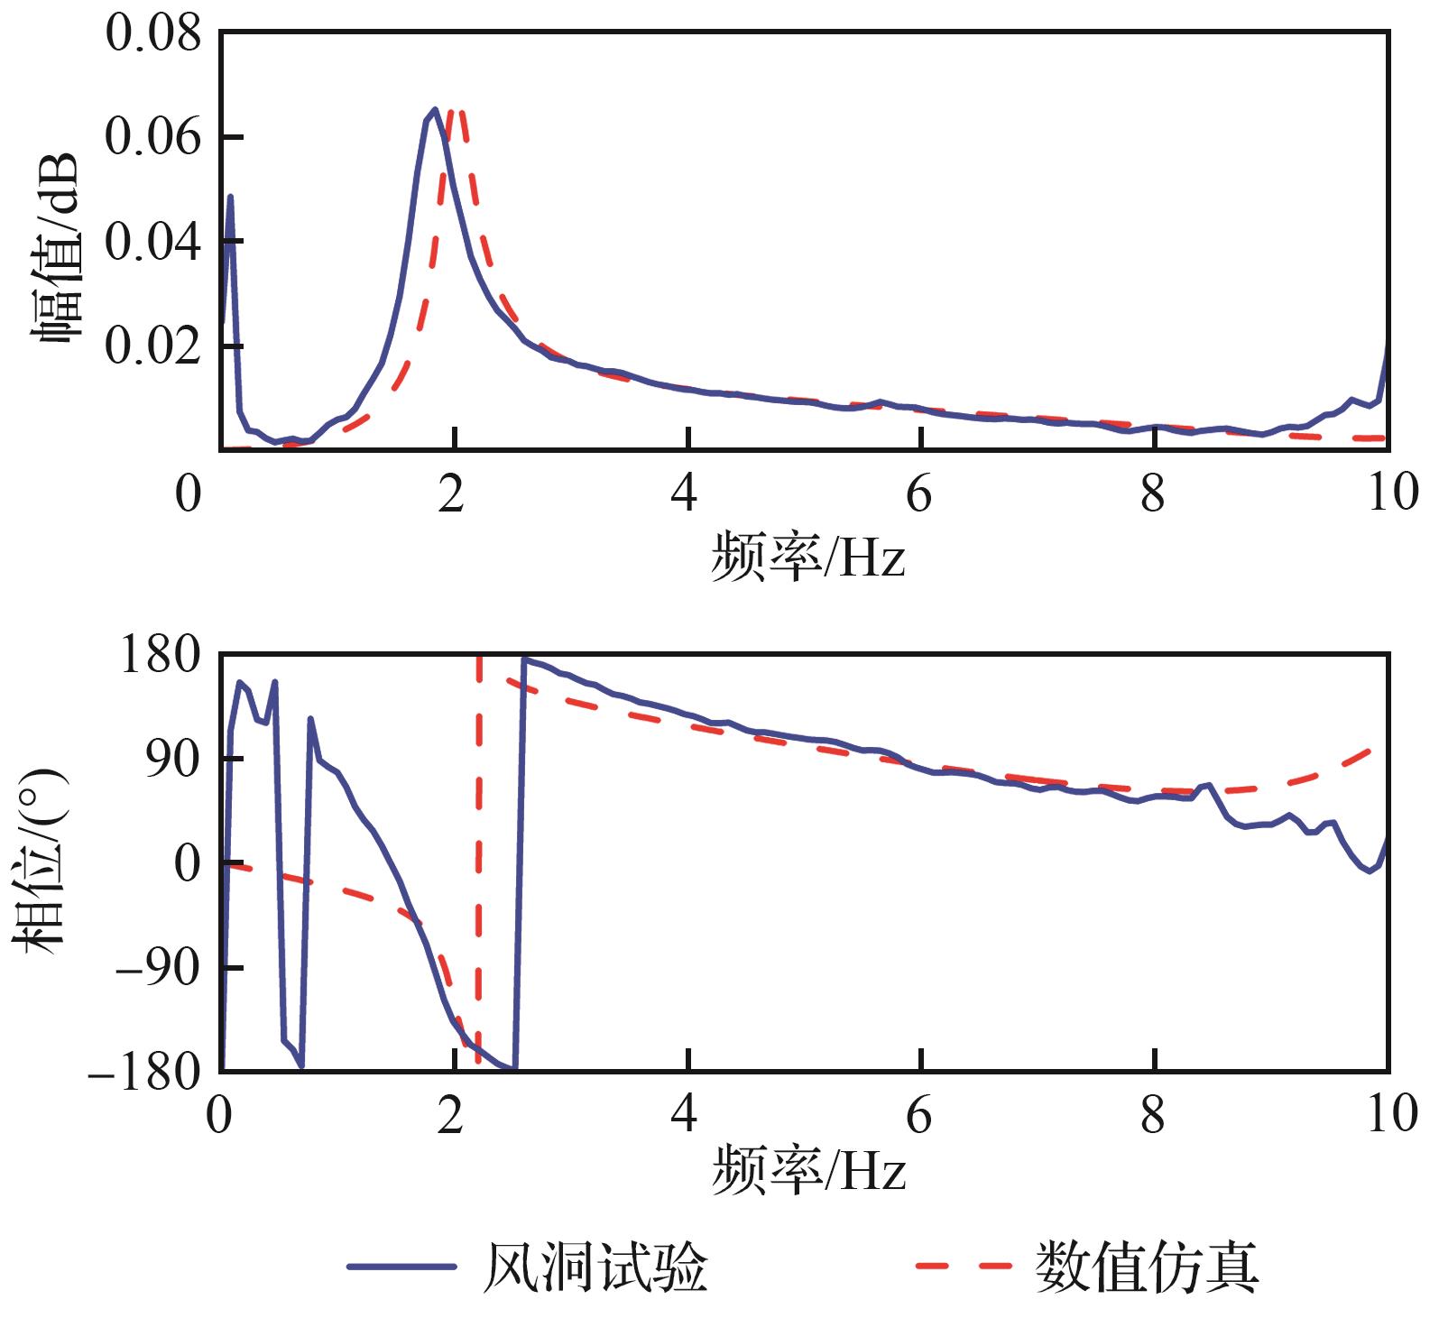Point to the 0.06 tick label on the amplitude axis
click(152, 138)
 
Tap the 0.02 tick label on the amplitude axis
click(152, 346)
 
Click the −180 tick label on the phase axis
click(144, 1072)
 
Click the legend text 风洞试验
click(595, 1267)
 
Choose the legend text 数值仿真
click(1146, 1267)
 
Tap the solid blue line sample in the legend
click(401, 1267)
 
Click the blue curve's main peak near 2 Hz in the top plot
click(434, 111)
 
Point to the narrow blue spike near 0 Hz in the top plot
click(231, 197)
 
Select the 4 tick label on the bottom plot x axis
click(686, 1117)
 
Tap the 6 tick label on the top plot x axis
click(919, 494)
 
